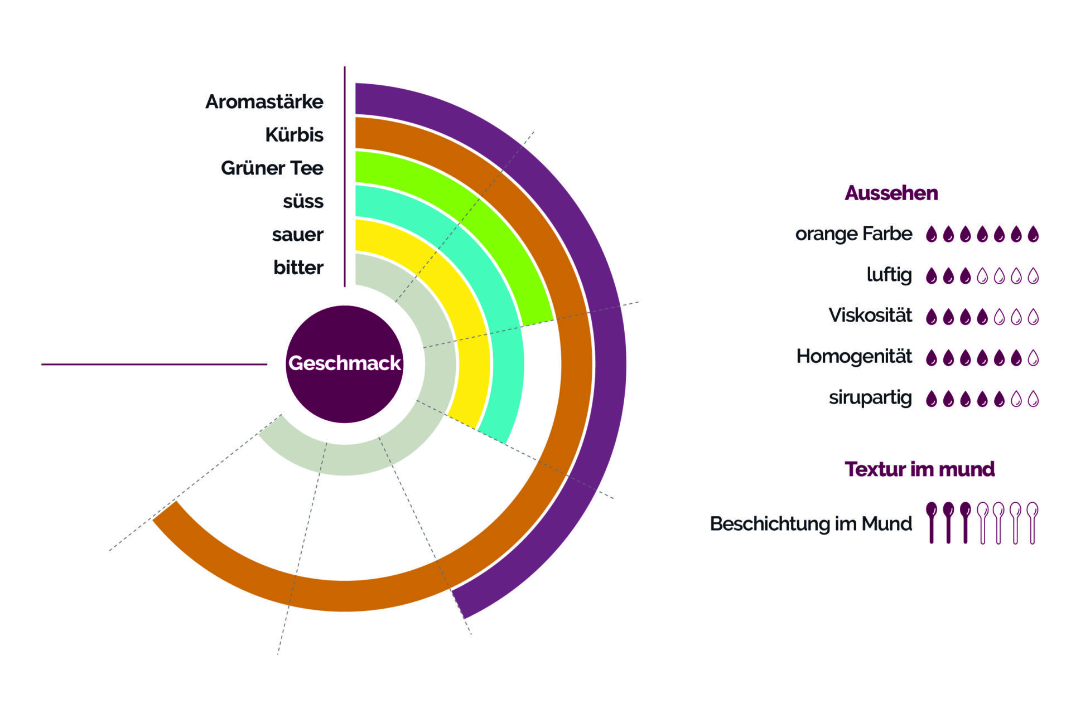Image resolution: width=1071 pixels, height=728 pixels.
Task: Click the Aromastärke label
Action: coord(264,102)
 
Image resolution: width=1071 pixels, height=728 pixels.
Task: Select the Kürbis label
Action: coord(294,135)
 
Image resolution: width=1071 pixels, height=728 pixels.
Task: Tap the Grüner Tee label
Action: coord(272,168)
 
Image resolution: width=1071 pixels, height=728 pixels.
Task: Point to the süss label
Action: coord(303,201)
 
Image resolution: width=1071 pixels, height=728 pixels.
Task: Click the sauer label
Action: coord(297,235)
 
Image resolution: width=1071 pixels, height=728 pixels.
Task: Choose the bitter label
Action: coord(298,268)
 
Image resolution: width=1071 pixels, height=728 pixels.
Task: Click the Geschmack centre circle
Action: coord(344,363)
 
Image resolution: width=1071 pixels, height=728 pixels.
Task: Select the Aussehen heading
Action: coord(891,193)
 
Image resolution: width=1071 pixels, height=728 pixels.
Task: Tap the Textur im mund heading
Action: coord(919,469)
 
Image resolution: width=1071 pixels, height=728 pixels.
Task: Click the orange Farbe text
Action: coord(853,234)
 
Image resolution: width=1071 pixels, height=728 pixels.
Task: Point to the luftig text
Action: coord(889,275)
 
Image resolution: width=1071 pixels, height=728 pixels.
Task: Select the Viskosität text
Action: coord(870,316)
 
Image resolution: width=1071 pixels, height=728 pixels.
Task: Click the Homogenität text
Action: coord(854,356)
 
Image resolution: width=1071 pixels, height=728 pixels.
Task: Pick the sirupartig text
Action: coord(870,397)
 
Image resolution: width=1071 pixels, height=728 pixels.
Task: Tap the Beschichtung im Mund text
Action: coord(811,524)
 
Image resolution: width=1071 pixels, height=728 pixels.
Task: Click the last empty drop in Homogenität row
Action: coord(1033,358)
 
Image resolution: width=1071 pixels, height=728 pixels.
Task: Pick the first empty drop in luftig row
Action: coord(982,276)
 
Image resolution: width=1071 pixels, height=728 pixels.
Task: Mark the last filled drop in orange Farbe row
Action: coord(1033,234)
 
